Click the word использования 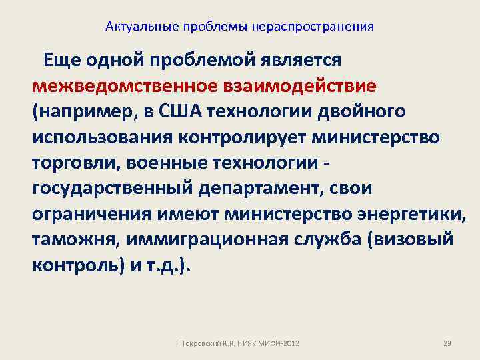(98, 138)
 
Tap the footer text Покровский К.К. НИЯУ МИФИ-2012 (240, 343)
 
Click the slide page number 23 (447, 343)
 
